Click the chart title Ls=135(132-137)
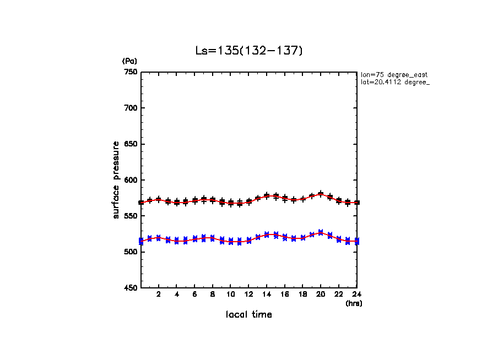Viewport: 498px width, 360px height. [249, 51]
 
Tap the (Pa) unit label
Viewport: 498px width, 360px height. [129, 61]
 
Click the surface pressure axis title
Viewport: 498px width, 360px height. [116, 179]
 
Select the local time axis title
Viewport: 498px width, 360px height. [248, 315]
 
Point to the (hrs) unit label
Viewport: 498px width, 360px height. [354, 303]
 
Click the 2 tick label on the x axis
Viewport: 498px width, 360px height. [159, 294]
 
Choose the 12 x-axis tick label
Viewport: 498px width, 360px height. [248, 294]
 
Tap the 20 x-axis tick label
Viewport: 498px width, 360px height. [321, 294]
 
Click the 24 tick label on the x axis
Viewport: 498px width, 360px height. [356, 294]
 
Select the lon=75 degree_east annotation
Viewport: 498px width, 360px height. [394, 74]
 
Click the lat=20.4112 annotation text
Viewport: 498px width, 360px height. [394, 82]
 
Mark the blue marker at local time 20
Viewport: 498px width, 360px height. [321, 233]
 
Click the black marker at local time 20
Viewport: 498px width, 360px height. [321, 194]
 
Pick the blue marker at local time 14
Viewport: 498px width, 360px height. [267, 234]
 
